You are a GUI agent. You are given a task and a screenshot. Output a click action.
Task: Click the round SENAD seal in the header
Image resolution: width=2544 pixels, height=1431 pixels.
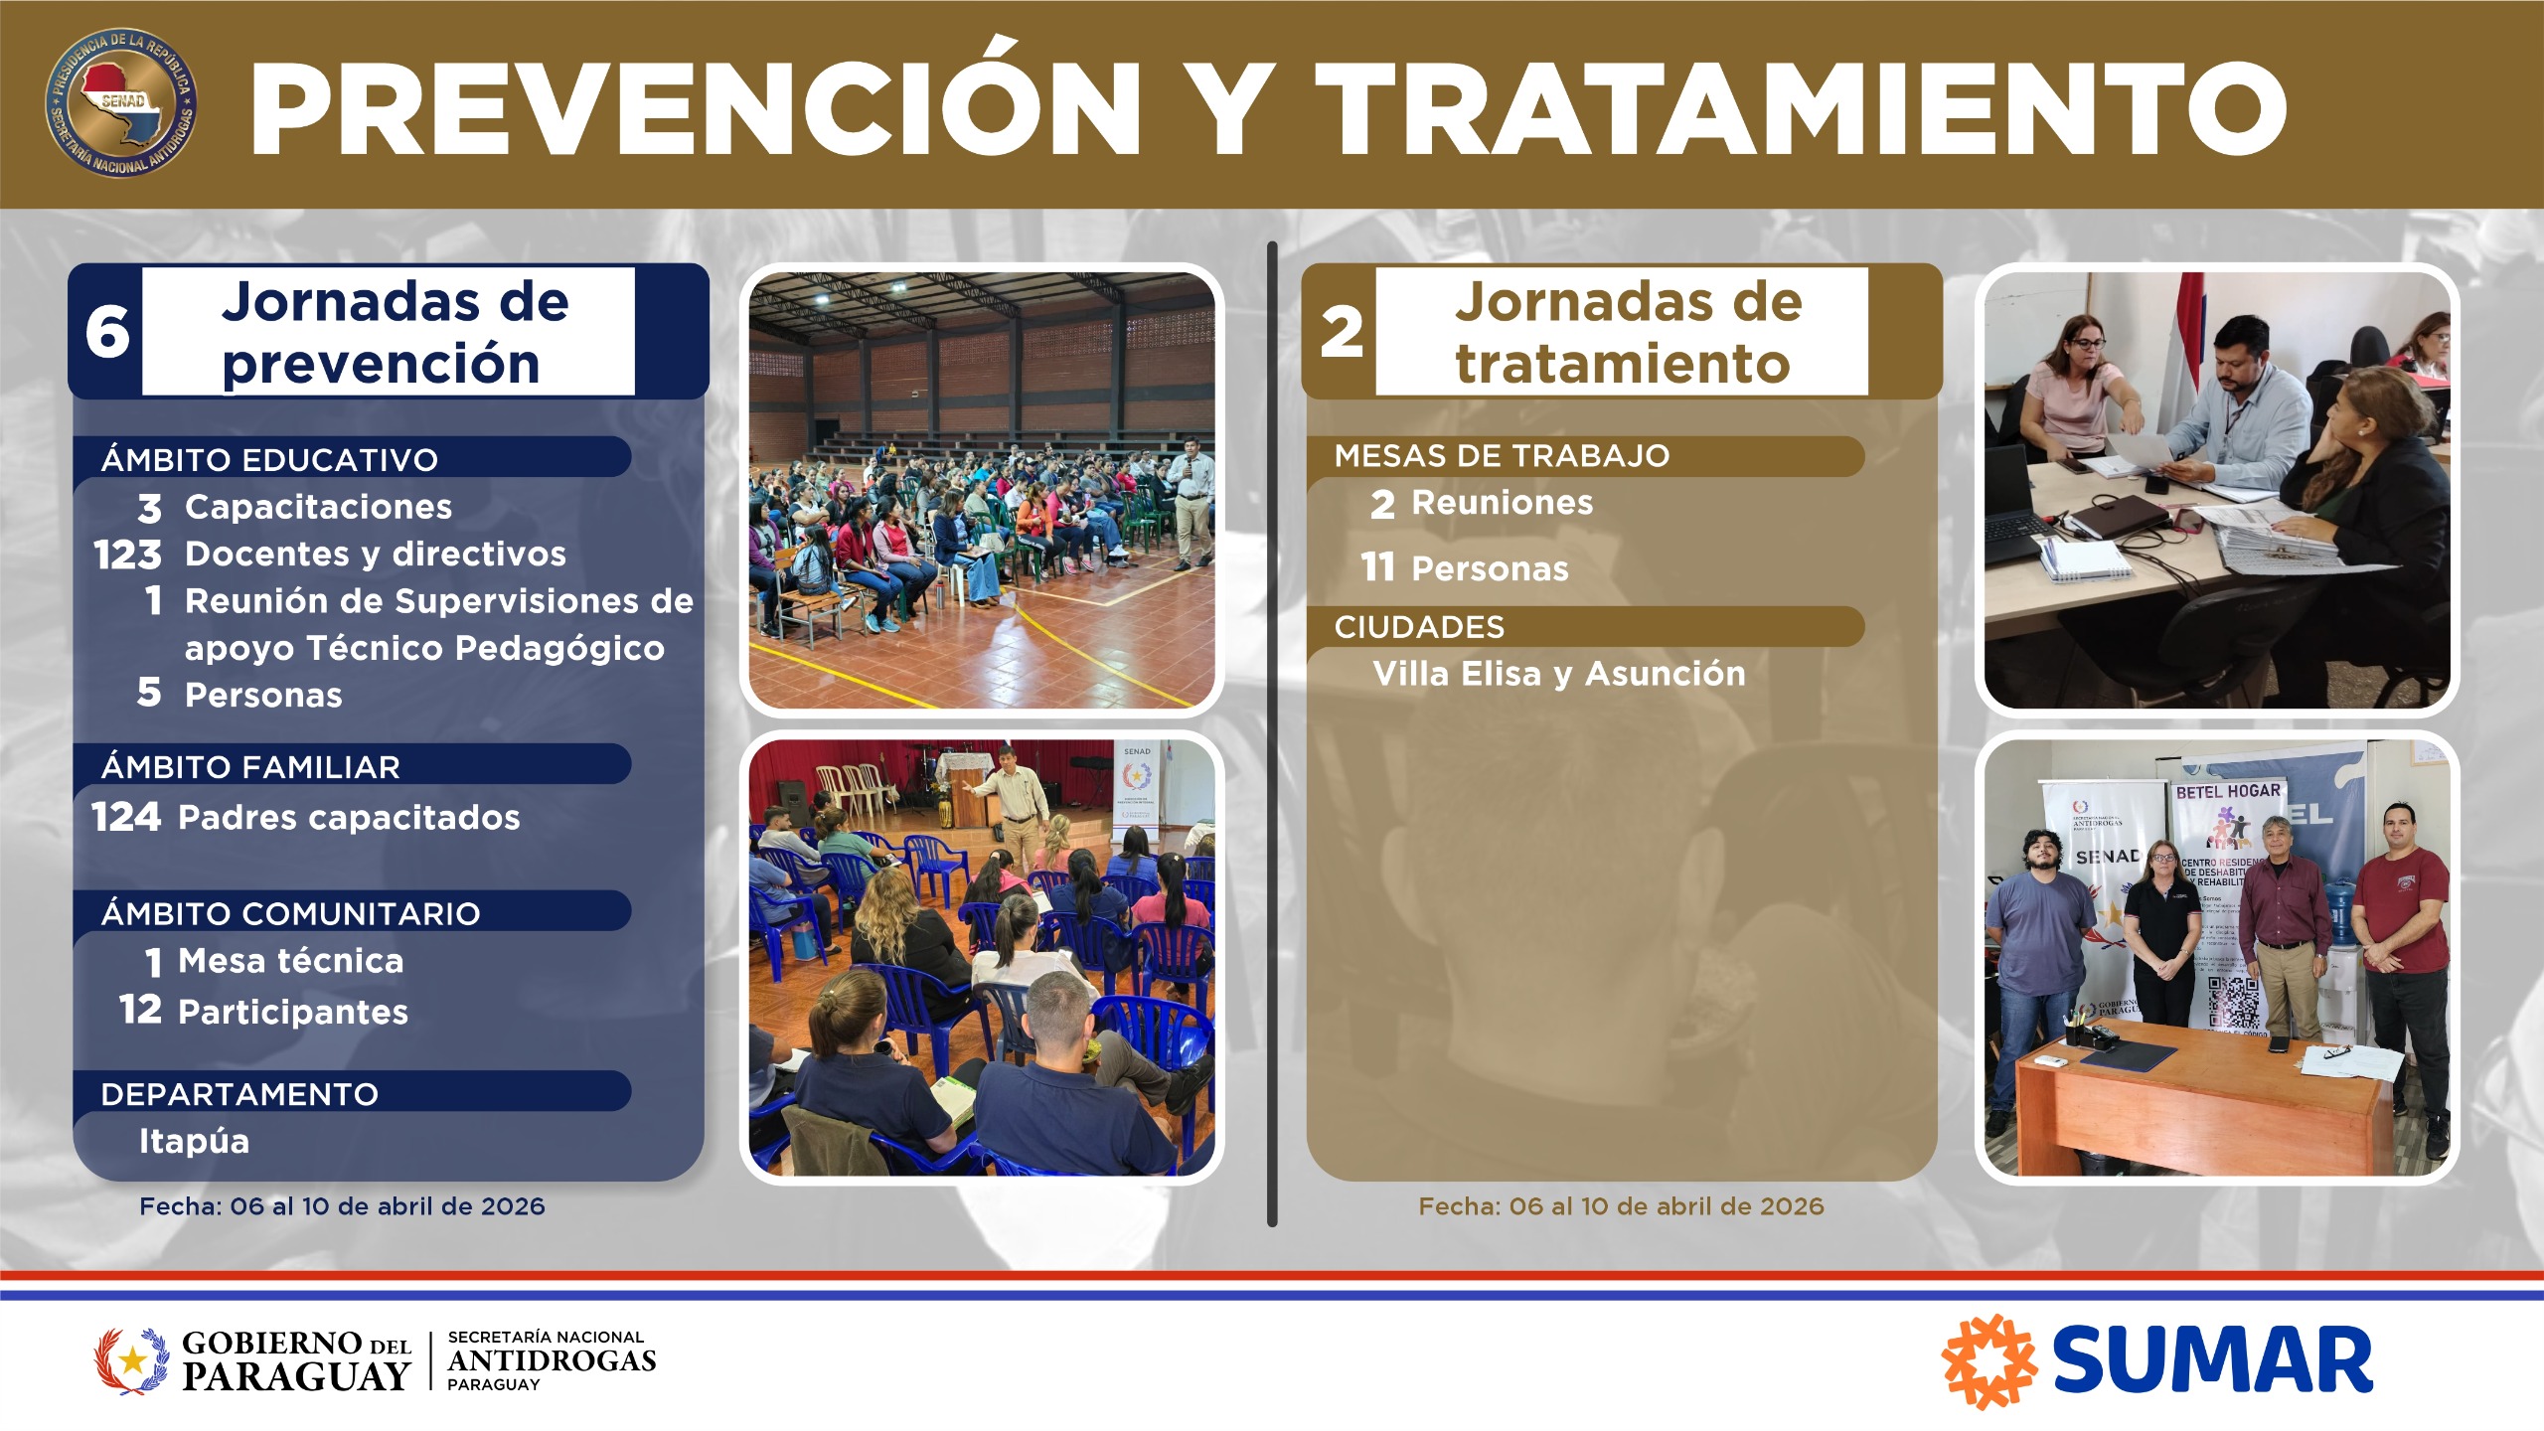pyautogui.click(x=120, y=103)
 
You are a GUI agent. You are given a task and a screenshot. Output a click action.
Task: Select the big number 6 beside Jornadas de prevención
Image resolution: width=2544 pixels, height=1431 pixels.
pyautogui.click(x=106, y=332)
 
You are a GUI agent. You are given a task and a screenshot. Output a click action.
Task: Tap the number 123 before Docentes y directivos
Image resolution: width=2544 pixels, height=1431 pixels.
pyautogui.click(x=128, y=555)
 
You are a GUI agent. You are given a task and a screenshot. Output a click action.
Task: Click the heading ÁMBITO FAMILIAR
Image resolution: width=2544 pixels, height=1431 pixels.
pyautogui.click(x=250, y=767)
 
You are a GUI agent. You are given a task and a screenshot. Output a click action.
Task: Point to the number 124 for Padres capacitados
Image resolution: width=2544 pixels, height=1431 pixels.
pyautogui.click(x=125, y=817)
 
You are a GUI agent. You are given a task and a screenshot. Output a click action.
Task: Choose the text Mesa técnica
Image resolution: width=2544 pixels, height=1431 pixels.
pyautogui.click(x=290, y=961)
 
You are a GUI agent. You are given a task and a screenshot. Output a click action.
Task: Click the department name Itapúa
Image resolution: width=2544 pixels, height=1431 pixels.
pyautogui.click(x=194, y=1141)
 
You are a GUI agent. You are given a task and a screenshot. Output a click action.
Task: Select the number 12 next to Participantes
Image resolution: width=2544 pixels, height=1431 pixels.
pyautogui.click(x=140, y=1010)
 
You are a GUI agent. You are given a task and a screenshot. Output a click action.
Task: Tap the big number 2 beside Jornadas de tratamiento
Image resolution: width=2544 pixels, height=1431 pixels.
pyautogui.click(x=1341, y=332)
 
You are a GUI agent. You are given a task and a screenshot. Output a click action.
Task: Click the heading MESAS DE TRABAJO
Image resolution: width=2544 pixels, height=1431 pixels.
pyautogui.click(x=1502, y=456)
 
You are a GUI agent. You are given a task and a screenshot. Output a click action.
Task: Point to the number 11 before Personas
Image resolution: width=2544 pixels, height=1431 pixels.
pyautogui.click(x=1377, y=567)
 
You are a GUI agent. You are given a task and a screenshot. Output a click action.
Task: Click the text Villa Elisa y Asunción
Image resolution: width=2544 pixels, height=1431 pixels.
pyautogui.click(x=1558, y=674)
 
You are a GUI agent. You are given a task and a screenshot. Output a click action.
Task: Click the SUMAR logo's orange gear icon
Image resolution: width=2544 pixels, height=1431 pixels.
pyautogui.click(x=1988, y=1361)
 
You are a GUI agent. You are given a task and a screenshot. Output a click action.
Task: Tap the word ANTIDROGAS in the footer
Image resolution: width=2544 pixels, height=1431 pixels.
pyautogui.click(x=552, y=1360)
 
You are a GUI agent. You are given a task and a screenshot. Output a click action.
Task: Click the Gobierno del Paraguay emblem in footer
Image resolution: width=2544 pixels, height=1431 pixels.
pyautogui.click(x=131, y=1360)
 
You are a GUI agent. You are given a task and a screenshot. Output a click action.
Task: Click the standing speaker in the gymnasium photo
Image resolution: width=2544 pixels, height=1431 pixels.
pyautogui.click(x=1190, y=497)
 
